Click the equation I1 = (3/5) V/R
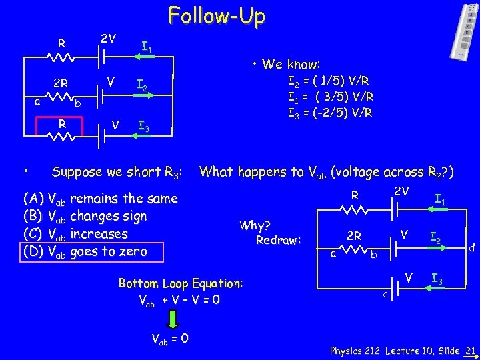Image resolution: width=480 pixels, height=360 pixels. click(330, 97)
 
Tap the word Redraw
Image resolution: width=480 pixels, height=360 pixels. click(279, 239)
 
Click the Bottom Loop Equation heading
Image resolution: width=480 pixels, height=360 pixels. click(180, 283)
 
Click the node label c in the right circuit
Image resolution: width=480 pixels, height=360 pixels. click(385, 295)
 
